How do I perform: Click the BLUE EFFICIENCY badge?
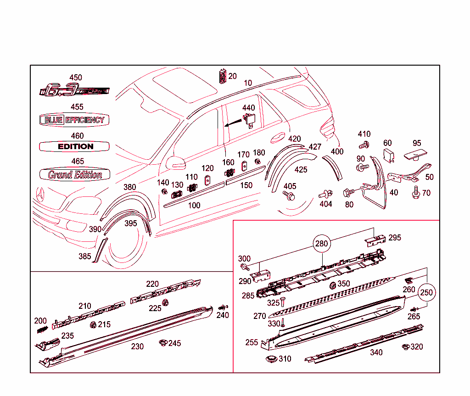74,120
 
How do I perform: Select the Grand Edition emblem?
75,174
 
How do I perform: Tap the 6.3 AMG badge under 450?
74,90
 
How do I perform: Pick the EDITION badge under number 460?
75,146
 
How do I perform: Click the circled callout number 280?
322,243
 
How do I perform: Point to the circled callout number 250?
426,292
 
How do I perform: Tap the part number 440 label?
248,108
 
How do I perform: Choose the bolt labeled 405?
290,196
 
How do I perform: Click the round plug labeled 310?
271,359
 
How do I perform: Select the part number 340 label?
376,352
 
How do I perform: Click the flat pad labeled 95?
415,155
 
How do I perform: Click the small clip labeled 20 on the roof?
223,77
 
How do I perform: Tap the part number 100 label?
194,205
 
